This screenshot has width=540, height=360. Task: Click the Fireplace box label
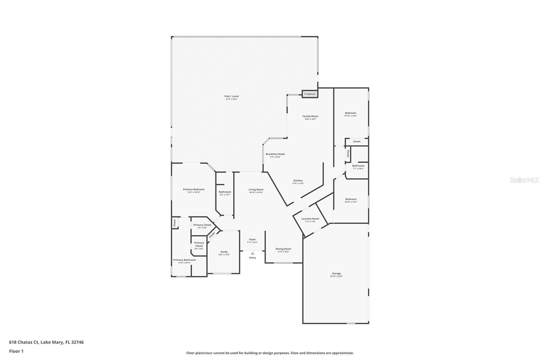point(310,94)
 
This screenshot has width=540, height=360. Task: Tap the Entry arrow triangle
point(252,253)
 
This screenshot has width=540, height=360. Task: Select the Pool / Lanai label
point(232,96)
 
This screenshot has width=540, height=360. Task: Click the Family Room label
point(310,116)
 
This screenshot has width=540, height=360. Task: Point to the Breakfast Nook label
point(275,154)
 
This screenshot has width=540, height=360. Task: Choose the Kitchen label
point(298,181)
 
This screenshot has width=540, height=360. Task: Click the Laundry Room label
point(310,219)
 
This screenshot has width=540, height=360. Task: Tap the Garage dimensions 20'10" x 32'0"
point(336,277)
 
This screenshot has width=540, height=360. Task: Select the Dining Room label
point(283,249)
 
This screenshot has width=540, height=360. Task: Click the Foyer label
point(252,239)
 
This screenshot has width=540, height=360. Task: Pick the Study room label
point(224,252)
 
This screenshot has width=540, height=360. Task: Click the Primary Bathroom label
point(184,260)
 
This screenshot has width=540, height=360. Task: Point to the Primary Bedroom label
point(194,189)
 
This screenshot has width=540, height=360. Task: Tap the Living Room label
point(256,189)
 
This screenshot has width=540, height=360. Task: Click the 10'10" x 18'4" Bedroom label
point(350,113)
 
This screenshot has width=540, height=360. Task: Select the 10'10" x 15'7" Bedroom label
point(351,199)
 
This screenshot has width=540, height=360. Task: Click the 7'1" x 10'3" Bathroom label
point(358,166)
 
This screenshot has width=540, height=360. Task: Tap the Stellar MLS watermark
point(524,180)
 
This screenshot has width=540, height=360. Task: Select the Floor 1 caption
point(16,351)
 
